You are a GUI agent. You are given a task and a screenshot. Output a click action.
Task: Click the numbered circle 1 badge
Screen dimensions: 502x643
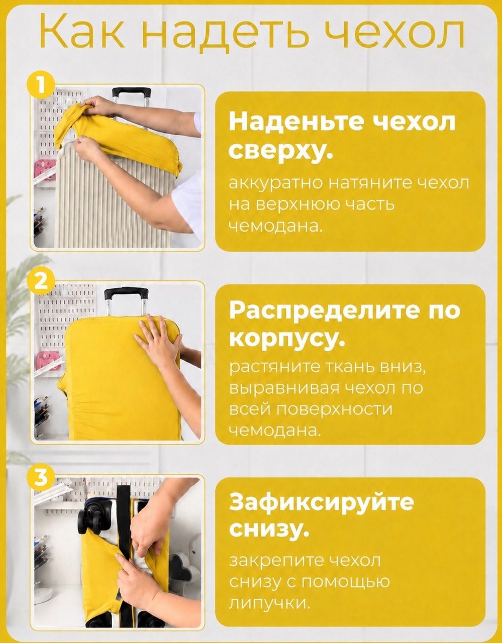click(x=41, y=85)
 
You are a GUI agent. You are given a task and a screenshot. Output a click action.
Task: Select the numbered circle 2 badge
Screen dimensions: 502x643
click(x=41, y=282)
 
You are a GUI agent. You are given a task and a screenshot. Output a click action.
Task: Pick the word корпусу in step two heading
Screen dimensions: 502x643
click(x=287, y=340)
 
